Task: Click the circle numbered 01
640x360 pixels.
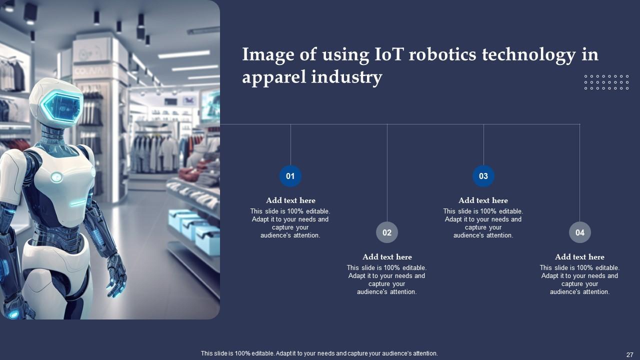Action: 290,176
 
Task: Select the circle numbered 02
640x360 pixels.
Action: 387,232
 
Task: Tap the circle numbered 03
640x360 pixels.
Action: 483,176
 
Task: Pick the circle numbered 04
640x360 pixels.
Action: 580,232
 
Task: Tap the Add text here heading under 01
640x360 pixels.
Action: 290,200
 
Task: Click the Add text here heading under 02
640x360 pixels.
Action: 387,257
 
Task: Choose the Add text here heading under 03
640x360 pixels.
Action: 483,200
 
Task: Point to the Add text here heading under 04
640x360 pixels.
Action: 580,257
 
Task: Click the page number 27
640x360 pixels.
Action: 630,354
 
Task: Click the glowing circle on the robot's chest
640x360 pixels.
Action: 56,176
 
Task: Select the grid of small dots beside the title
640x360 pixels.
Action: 606,82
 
